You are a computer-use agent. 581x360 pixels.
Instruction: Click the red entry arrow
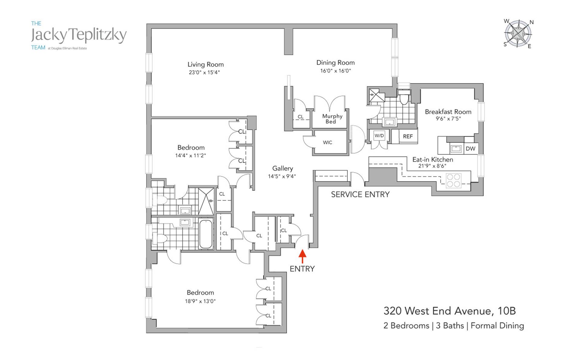point(302,256)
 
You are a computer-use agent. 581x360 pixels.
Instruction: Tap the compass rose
point(518,34)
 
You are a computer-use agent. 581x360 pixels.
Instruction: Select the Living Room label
point(205,64)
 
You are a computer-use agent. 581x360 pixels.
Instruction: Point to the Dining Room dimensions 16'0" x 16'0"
point(336,71)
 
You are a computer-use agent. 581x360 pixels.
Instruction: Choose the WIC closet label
point(327,142)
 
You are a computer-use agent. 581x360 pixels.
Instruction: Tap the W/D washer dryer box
point(379,136)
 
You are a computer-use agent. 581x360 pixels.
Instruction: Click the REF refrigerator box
point(408,136)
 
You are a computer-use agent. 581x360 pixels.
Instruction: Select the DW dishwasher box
point(470,149)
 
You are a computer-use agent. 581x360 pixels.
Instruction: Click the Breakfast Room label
point(448,112)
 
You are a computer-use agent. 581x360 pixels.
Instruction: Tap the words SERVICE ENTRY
point(360,194)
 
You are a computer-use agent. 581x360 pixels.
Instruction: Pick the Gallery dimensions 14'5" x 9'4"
point(282,176)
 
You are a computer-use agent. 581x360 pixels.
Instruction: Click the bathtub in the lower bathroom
point(206,234)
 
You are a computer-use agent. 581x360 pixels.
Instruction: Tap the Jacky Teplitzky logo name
point(79,35)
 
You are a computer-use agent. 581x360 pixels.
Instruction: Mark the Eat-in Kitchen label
point(432,160)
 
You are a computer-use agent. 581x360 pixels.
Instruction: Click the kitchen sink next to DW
point(456,149)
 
